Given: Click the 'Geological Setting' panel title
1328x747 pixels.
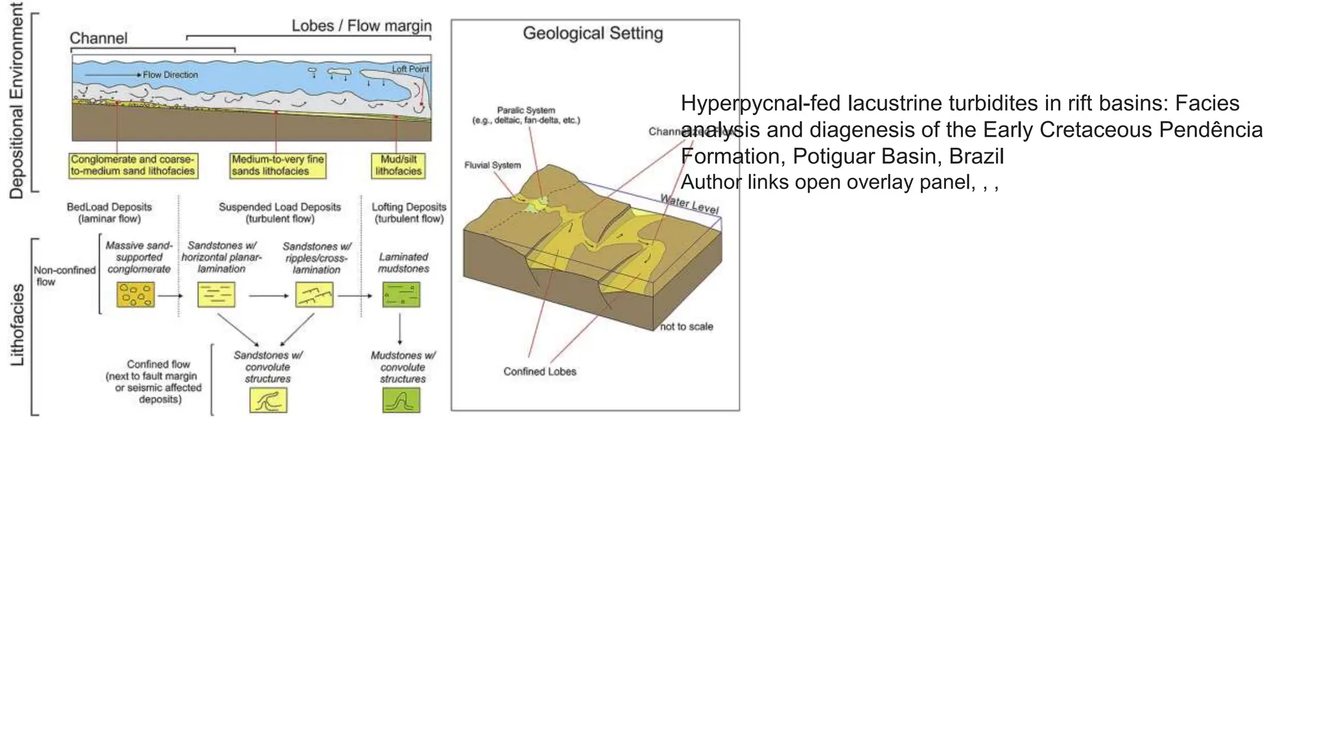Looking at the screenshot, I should [593, 33].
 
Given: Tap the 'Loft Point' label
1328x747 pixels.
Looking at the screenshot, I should [410, 69].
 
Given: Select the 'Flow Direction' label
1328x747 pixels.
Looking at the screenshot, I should [170, 75].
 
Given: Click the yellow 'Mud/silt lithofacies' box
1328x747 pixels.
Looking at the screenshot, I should [398, 165].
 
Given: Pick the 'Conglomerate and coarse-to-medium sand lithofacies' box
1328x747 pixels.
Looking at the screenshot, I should [133, 165].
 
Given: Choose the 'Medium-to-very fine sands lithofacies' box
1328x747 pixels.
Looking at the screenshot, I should [278, 165].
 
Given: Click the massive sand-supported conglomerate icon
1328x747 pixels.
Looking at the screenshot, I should [136, 294].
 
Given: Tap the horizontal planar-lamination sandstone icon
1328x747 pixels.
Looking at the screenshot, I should [216, 294].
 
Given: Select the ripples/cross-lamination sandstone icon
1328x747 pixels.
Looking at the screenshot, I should [314, 294].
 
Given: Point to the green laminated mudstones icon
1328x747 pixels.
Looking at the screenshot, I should [401, 294].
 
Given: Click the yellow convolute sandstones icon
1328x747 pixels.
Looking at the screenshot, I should [268, 400].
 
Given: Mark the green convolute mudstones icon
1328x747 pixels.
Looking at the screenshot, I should [401, 400].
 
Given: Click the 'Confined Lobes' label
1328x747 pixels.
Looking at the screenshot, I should [539, 372].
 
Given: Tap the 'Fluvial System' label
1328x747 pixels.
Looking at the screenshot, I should [492, 165].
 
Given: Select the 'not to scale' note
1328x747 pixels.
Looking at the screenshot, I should [686, 326].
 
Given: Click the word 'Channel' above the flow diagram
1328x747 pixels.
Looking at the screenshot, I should [99, 38].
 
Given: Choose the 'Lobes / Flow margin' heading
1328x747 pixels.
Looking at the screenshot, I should [361, 26].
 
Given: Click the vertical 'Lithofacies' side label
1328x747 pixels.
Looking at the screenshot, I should [18, 324].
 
